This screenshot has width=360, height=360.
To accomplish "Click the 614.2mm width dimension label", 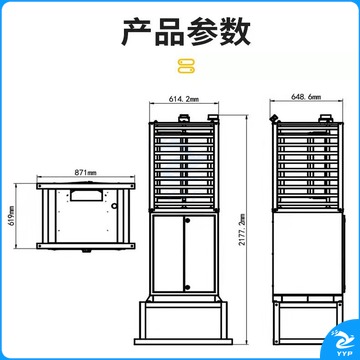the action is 184,99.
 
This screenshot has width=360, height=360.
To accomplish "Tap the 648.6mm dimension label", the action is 306,97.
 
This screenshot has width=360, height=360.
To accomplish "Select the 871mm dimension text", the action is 85,172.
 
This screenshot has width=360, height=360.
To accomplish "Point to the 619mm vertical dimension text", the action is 12,216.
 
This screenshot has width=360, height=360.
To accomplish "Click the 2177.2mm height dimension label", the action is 242,229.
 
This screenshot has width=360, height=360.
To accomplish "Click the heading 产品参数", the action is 186,32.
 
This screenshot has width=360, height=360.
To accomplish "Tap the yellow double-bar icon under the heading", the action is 186,66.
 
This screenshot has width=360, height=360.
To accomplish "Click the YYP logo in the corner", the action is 342,341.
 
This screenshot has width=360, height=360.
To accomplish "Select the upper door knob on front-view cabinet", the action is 187,220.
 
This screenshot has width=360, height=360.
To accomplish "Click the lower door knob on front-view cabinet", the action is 187,287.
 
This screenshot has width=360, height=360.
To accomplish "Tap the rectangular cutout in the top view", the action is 87,195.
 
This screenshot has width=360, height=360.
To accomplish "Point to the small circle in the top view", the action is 115,206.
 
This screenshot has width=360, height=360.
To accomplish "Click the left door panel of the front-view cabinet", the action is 168,254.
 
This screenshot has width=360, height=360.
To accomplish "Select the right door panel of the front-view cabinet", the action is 199,254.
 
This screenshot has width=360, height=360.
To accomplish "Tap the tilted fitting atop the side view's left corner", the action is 275,118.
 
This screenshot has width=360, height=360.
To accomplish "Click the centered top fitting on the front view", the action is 184,118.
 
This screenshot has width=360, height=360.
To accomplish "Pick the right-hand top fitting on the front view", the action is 213,118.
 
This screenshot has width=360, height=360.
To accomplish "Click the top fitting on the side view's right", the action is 325,118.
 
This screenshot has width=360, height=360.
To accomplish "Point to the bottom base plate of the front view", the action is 183,341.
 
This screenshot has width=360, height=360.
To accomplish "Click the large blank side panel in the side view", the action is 308,253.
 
